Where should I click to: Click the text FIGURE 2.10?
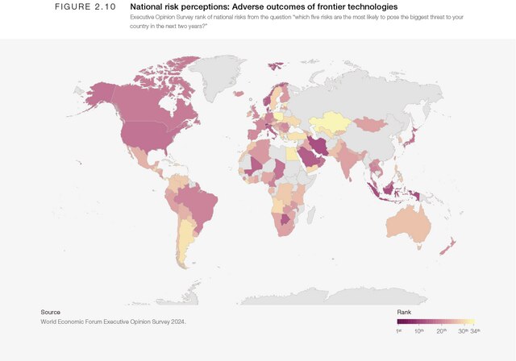[x=85, y=7]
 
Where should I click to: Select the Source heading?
[x=50, y=312]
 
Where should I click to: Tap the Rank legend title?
[x=405, y=312]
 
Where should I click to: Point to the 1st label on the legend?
[x=398, y=331]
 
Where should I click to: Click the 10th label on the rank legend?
[x=419, y=331]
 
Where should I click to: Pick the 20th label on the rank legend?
[x=442, y=331]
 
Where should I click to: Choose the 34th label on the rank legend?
[x=475, y=331]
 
